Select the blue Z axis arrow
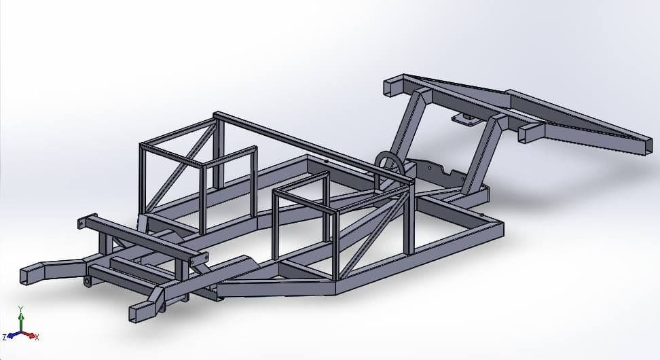tap(12, 336)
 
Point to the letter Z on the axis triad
tap(4, 337)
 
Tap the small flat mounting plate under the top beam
tap(464, 120)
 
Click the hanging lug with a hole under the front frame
tap(88, 281)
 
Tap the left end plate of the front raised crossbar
tap(82, 223)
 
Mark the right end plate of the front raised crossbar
tap(199, 260)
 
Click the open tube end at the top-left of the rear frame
tap(392, 87)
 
